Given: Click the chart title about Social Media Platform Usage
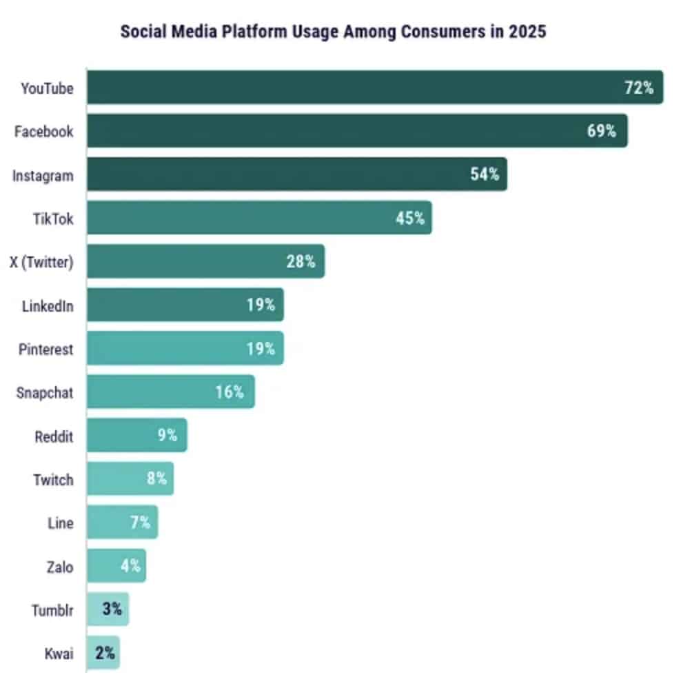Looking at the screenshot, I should (333, 32).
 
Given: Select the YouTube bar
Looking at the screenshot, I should (374, 88).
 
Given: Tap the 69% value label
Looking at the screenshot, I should (601, 131).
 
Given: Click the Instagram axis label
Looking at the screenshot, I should (43, 175).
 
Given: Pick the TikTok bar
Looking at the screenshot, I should (258, 218).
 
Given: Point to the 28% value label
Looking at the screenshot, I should (301, 262).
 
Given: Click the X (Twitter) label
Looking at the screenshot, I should (41, 262).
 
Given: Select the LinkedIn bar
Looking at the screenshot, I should (185, 305).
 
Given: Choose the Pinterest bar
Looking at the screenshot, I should (185, 349).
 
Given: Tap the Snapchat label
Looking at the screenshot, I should (45, 393).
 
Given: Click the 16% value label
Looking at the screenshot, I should (229, 392).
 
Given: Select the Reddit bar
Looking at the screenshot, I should (136, 436).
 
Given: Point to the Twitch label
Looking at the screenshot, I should (53, 479).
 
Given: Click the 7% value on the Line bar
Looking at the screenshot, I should (140, 523).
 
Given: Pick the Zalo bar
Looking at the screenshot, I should (116, 566).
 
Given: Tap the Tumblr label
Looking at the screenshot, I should (52, 609).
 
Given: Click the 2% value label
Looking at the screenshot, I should (105, 653).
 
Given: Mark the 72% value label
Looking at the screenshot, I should (638, 88).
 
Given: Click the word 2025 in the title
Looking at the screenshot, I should (527, 32).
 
